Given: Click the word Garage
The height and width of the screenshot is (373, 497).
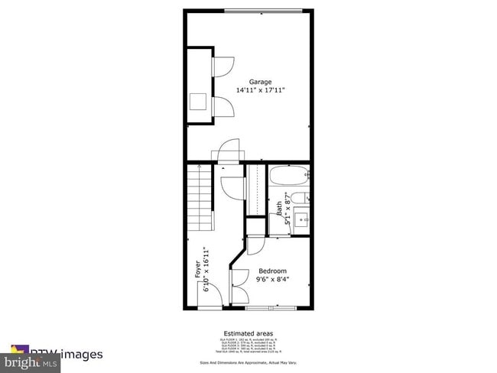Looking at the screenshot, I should pos(260,81).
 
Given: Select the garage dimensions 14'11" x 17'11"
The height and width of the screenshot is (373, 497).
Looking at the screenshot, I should pos(260,90).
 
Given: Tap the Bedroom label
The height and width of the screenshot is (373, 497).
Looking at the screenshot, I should pos(272,271).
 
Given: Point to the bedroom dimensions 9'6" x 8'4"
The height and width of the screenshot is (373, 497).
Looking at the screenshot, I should pos(272,280).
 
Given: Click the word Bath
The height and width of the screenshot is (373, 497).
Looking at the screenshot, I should pos(280,206).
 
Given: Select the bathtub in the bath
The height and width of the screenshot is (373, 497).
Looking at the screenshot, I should pos(290,177).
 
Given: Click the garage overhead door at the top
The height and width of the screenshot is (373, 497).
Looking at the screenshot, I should pos(261,10).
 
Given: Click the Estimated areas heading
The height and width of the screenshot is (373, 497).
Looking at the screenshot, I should pos(248,333).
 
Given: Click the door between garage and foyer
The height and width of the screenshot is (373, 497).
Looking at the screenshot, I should pos(229,152).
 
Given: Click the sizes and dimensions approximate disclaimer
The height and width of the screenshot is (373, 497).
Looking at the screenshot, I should pos(248,363).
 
